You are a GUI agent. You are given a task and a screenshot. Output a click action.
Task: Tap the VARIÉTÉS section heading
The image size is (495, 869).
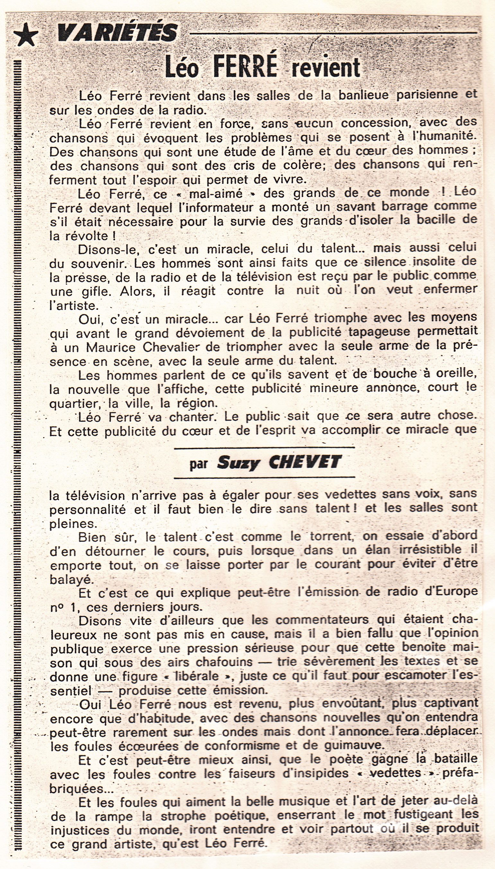click(x=117, y=33)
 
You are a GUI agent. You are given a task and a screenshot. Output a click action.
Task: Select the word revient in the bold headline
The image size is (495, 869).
click(x=326, y=67)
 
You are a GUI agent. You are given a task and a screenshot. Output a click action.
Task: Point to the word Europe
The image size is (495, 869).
click(x=454, y=591)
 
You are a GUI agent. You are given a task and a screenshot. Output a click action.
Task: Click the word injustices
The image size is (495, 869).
click(x=80, y=830)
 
